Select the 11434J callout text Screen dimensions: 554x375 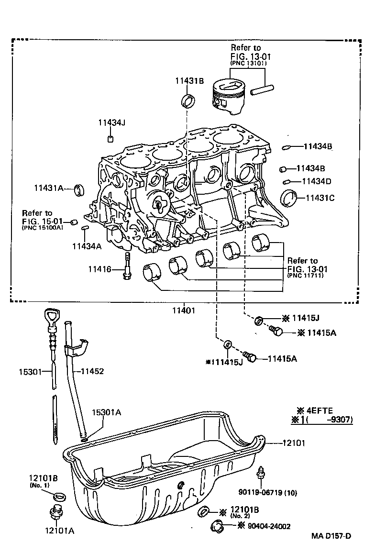(111, 122)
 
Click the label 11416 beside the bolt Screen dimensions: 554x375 (99, 269)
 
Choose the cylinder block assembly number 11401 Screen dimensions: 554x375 (184, 310)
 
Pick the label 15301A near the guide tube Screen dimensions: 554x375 (106, 412)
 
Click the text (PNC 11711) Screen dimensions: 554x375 (306, 276)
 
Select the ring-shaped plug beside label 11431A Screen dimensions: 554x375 (80, 189)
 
